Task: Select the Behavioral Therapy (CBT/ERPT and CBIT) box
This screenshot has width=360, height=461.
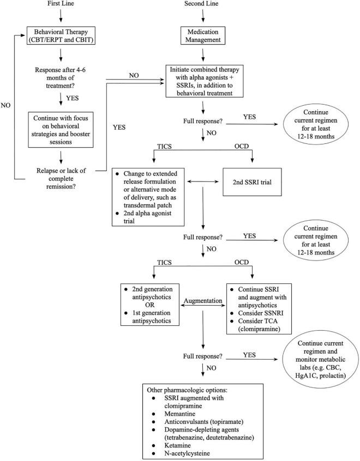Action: tap(67, 41)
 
